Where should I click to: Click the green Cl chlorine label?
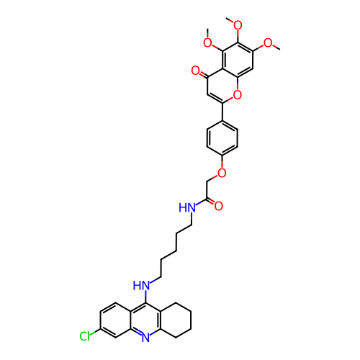click(x=85, y=336)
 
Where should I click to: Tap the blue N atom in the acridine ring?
click(x=145, y=338)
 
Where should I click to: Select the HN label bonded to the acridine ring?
click(x=141, y=286)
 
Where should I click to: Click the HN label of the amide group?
click(x=187, y=207)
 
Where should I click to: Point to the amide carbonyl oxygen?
click(x=218, y=206)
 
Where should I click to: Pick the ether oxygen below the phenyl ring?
click(x=222, y=173)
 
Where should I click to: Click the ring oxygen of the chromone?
click(x=238, y=95)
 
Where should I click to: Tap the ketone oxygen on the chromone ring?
click(x=196, y=71)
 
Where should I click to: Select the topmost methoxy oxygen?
click(x=238, y=25)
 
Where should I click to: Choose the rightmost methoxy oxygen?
click(x=268, y=43)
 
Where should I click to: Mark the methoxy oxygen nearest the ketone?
click(x=207, y=43)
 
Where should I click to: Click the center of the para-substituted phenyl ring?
click(x=222, y=138)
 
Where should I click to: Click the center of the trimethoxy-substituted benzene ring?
click(x=238, y=60)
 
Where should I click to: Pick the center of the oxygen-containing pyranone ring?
click(x=222, y=86)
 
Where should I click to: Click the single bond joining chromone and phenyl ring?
click(x=222, y=112)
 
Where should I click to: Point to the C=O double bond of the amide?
click(x=210, y=202)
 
